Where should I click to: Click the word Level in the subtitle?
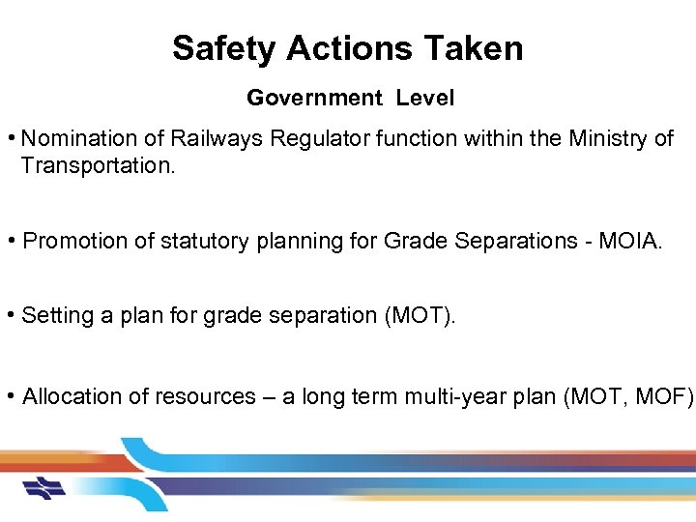pyautogui.click(x=424, y=98)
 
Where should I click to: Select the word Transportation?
pyautogui.click(x=96, y=165)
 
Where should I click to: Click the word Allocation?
pyautogui.click(x=71, y=396)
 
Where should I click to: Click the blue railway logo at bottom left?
pyautogui.click(x=44, y=487)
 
